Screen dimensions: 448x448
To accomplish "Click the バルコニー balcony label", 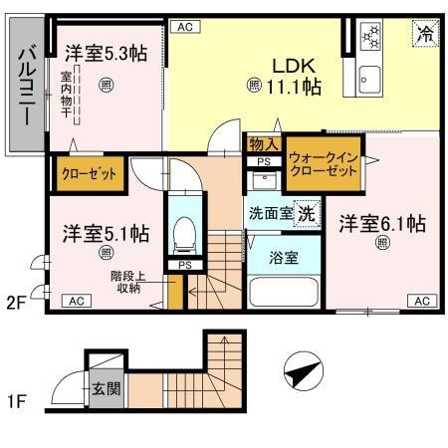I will (27, 85).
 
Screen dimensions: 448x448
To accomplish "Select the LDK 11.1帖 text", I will (284, 77).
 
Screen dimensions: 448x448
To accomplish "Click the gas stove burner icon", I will (371, 37).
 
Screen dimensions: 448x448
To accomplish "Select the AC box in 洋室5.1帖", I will (76, 300).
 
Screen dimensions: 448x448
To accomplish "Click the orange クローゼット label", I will (89, 173).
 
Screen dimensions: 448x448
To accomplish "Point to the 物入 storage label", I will (262, 145).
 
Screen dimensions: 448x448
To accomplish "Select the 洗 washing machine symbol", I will (309, 212).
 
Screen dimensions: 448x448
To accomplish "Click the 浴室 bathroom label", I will (284, 257).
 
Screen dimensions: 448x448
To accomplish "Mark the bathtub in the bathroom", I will (283, 292).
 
